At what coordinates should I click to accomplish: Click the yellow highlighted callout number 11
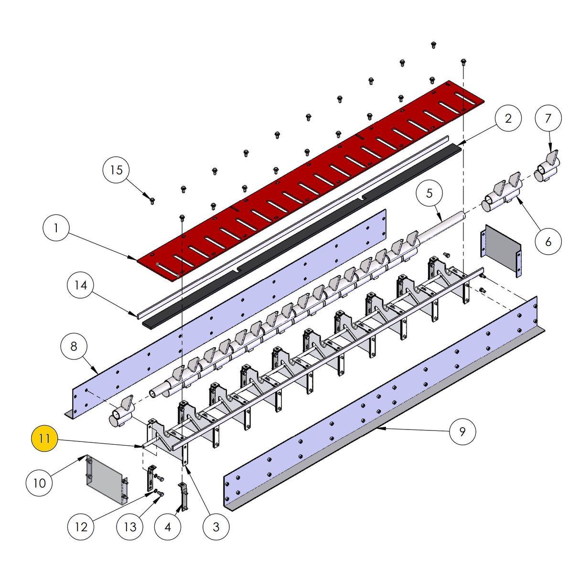coord(44,438)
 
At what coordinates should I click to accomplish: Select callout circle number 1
coord(56,228)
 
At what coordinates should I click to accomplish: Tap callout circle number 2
coord(508,118)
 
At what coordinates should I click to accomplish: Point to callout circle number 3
coord(216,526)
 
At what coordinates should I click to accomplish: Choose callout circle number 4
coord(167,526)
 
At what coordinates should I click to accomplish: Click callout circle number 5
coord(429,193)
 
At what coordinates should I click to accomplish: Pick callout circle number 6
coord(548,242)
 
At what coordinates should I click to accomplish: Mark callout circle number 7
coord(548,118)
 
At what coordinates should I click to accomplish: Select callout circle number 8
coord(74,346)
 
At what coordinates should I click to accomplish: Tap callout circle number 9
coord(462,431)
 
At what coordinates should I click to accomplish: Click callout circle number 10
coord(39,483)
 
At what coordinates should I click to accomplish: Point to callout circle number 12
coord(81,526)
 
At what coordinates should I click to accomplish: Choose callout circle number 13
coord(130,526)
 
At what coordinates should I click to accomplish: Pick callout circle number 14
coord(81,285)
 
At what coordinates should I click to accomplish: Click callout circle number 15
coord(117,170)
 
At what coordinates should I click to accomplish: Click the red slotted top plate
coord(311,177)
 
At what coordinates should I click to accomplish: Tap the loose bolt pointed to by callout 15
coord(152,201)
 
